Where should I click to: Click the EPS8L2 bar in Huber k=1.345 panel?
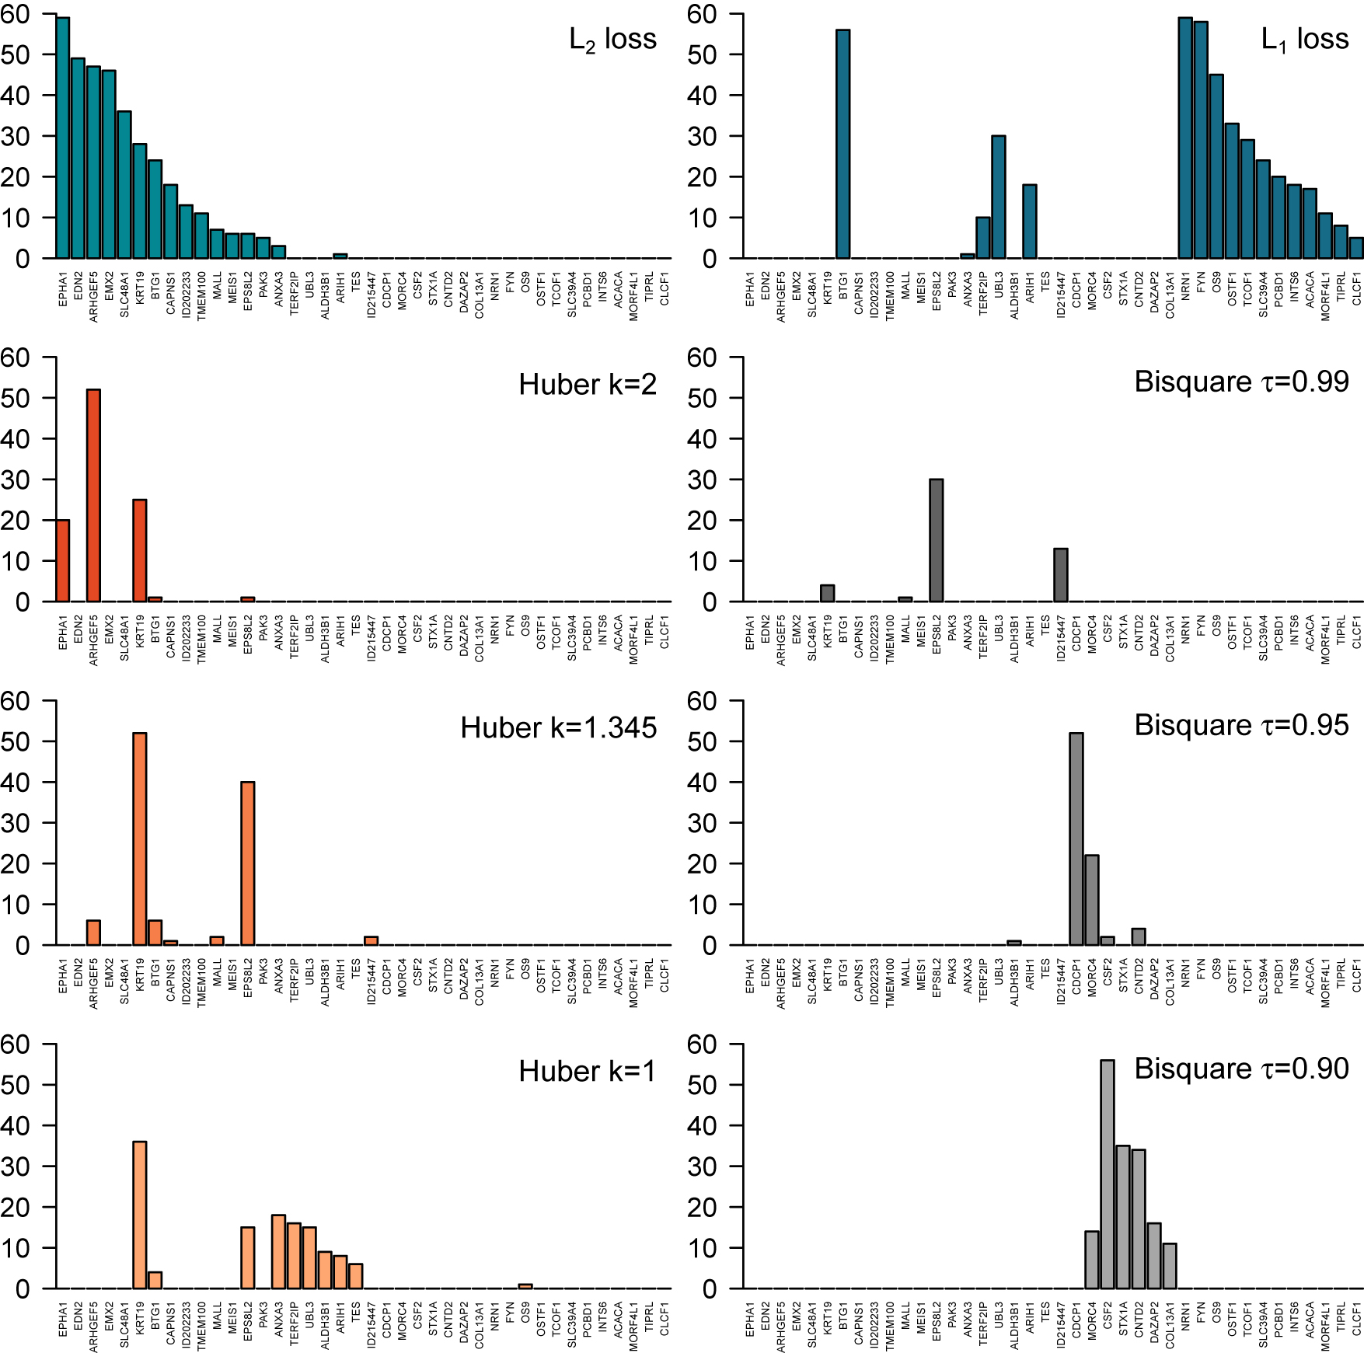[248, 863]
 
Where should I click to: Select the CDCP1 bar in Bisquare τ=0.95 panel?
[1076, 839]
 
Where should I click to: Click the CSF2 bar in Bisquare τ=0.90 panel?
[1108, 1174]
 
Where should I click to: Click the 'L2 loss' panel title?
[612, 39]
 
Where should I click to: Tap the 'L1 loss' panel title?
[1304, 39]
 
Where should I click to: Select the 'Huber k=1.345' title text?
[558, 728]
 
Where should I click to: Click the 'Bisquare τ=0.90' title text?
[1241, 1069]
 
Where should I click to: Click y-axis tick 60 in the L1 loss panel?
[703, 14]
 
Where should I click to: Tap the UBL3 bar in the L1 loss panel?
[999, 197]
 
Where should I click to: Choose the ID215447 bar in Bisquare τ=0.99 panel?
[1061, 575]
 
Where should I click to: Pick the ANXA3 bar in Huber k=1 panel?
[278, 1252]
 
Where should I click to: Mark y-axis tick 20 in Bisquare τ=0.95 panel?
[703, 864]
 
